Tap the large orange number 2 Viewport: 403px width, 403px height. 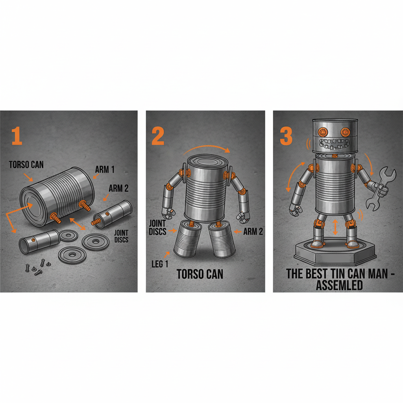[x=157, y=136]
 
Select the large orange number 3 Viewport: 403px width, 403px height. [x=286, y=135]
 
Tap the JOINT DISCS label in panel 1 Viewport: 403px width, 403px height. [x=121, y=235]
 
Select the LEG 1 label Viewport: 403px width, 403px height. [x=159, y=263]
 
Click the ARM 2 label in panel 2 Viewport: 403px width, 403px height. [x=253, y=231]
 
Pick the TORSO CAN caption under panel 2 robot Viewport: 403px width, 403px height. [x=200, y=274]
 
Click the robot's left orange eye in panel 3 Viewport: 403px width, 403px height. [x=323, y=131]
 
